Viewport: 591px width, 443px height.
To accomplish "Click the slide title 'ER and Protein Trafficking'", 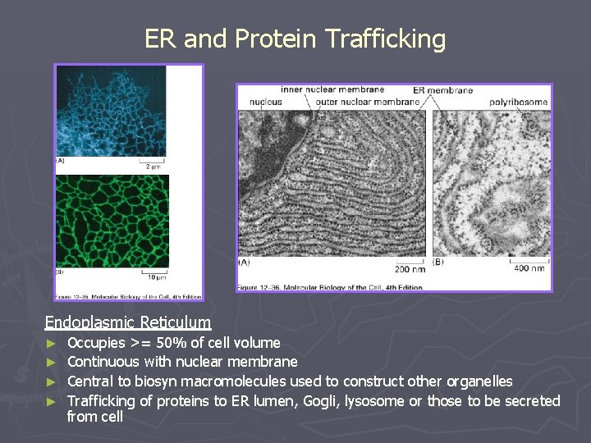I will tap(295, 39).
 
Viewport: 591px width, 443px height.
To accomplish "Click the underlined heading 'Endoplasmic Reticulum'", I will tap(127, 322).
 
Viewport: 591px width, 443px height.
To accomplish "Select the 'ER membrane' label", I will tap(442, 89).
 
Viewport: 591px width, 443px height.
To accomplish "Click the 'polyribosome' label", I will tap(518, 102).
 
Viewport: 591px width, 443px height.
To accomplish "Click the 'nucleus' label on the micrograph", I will tap(264, 102).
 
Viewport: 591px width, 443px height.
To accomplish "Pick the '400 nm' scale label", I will tap(529, 268).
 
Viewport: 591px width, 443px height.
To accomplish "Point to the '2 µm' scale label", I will tap(153, 167).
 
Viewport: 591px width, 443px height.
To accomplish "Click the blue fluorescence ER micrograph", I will tap(110, 111).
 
